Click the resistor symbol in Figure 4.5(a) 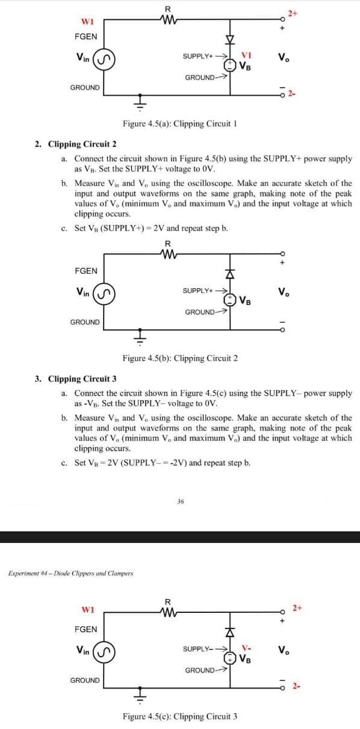(169, 18)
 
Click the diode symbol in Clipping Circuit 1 (229, 41)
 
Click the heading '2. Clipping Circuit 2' (75, 144)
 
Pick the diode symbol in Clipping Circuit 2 (229, 275)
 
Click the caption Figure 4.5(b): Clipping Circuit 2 (179, 359)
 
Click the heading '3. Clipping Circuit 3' (75, 379)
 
